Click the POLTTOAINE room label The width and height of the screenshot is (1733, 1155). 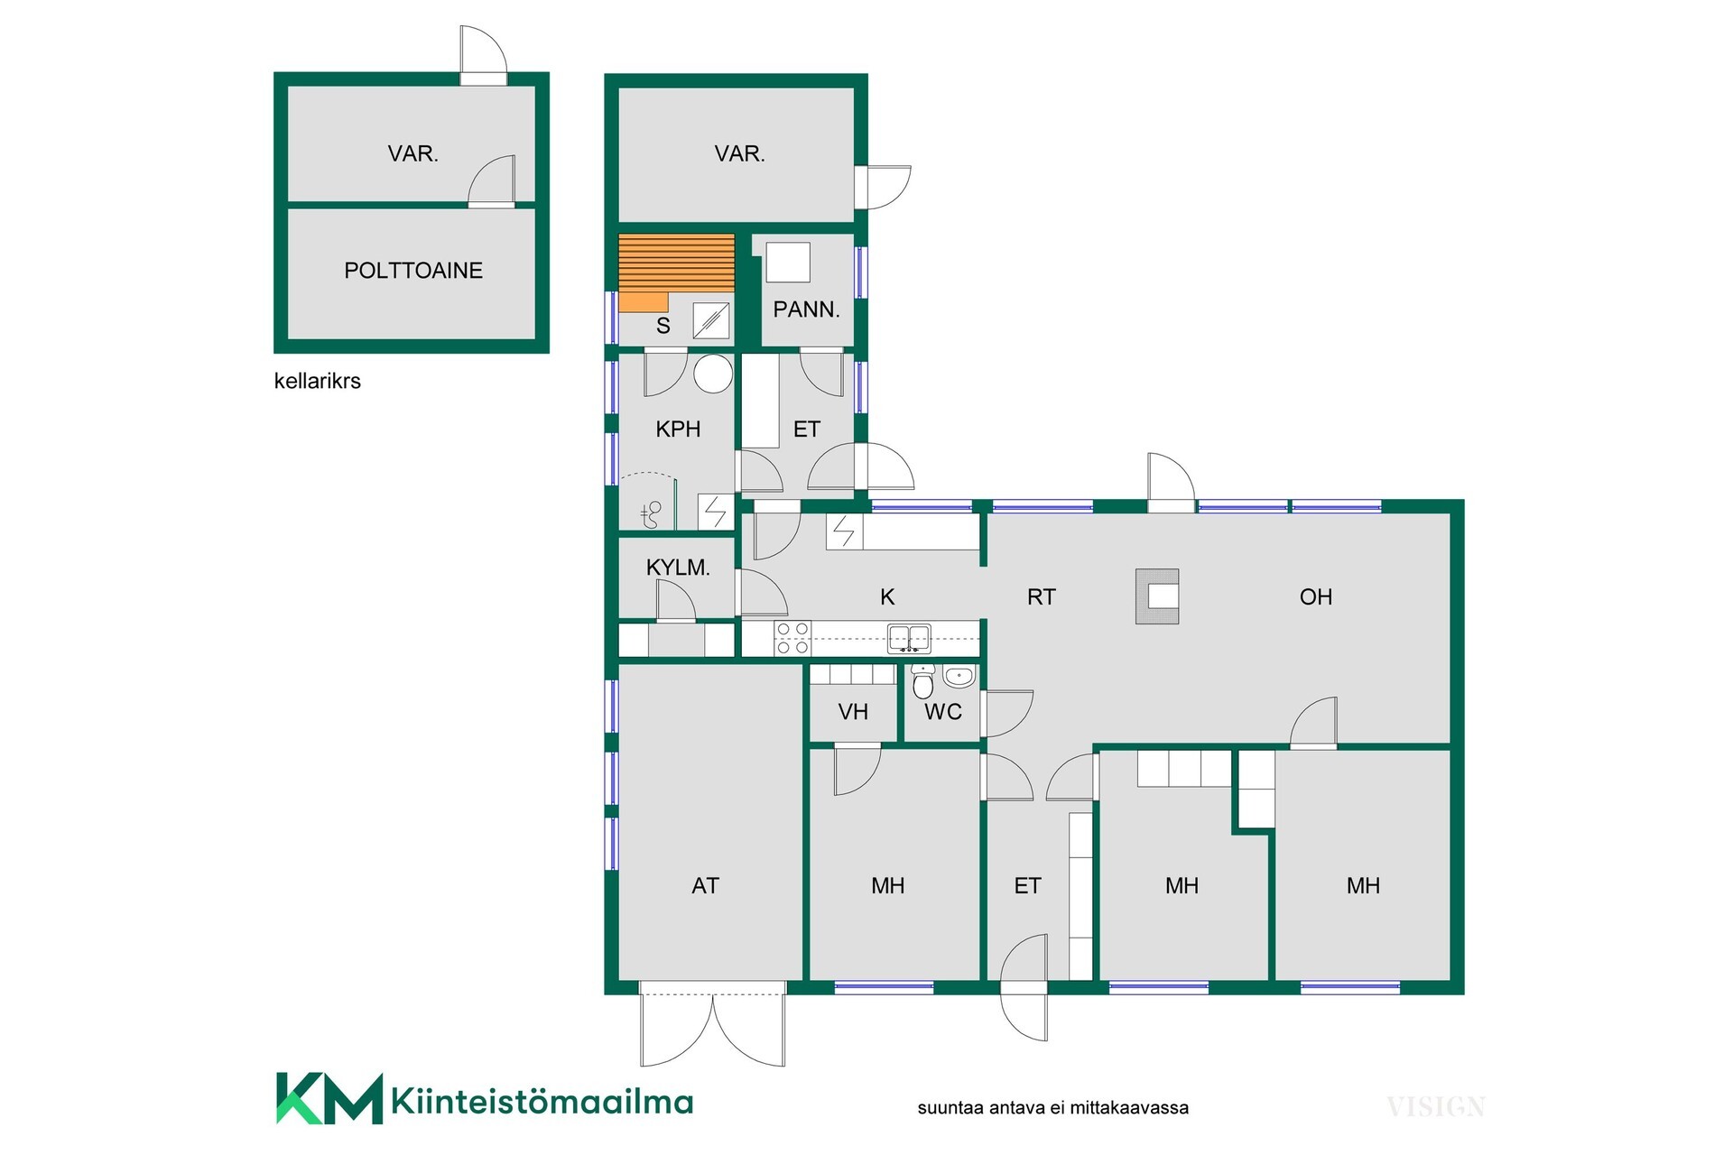click(413, 270)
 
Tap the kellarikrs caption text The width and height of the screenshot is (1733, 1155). click(317, 381)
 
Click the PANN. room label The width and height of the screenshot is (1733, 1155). click(806, 310)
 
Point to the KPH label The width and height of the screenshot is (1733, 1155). click(678, 429)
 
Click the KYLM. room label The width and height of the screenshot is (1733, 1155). click(678, 568)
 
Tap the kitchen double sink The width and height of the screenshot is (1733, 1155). click(909, 638)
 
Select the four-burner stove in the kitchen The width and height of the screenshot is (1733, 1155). click(792, 638)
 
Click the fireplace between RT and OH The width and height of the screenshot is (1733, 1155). click(1157, 596)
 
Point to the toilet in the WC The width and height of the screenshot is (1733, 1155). click(922, 683)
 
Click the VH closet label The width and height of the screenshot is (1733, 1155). click(853, 712)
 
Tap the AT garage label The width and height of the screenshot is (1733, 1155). click(705, 886)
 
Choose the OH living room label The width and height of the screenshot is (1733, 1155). click(1316, 596)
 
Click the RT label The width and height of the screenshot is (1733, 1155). click(1041, 596)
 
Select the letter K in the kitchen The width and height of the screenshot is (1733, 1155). click(887, 596)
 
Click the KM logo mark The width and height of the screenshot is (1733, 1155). click(329, 1098)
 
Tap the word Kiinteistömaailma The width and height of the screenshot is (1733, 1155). click(542, 1102)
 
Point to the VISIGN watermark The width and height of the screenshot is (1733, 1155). click(1435, 1106)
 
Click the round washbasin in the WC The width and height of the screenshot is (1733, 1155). click(959, 676)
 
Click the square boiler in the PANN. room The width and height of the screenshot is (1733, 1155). click(788, 263)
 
